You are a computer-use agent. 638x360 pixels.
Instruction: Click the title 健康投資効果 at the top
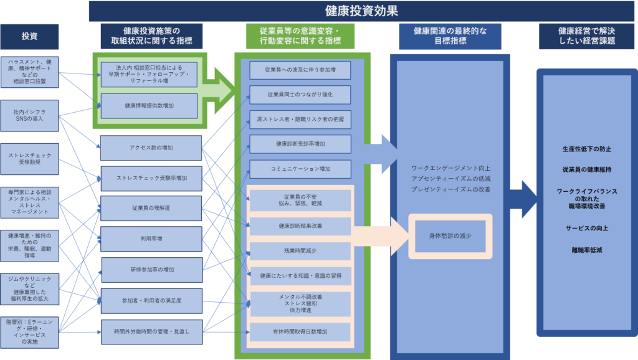(361, 11)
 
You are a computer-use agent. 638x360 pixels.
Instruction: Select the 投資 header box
(29, 36)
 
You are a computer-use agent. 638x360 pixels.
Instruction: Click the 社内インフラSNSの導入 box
(29, 115)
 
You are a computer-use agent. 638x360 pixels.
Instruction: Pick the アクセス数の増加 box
(151, 148)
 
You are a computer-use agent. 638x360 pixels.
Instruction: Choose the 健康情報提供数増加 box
(149, 106)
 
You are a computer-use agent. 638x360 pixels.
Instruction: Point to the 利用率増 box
(151, 238)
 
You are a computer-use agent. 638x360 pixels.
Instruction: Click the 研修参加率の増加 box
(151, 270)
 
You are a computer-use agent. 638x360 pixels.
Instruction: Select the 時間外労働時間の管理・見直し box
(151, 331)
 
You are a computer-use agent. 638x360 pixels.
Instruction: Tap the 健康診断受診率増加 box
(300, 144)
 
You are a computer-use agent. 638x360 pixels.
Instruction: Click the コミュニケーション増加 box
(300, 169)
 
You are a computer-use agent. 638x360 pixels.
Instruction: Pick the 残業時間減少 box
(300, 250)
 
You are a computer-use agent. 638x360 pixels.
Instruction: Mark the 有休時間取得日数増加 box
(300, 331)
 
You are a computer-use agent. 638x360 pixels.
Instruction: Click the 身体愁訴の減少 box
(450, 236)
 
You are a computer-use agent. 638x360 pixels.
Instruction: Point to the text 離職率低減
(586, 250)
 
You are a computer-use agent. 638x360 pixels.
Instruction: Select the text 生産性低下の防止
(586, 149)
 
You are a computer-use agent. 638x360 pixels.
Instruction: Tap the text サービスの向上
(586, 228)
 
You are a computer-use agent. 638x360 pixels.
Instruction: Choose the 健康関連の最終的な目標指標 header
(450, 36)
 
